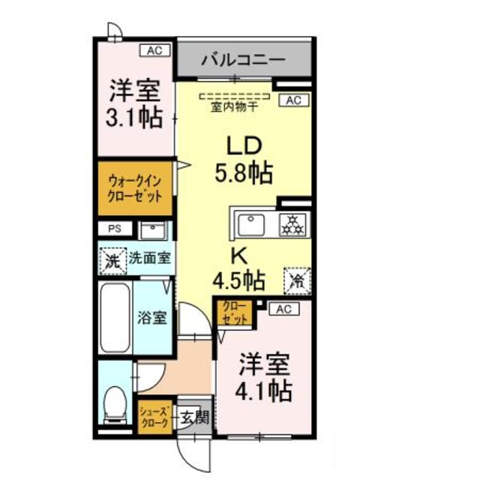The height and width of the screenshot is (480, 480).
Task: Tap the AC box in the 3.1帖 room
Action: coord(154,51)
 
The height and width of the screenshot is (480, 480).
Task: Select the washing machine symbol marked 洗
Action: coord(112,260)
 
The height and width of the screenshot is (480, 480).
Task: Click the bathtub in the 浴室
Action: coord(115,317)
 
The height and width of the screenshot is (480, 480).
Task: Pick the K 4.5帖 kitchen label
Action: coord(238,271)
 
